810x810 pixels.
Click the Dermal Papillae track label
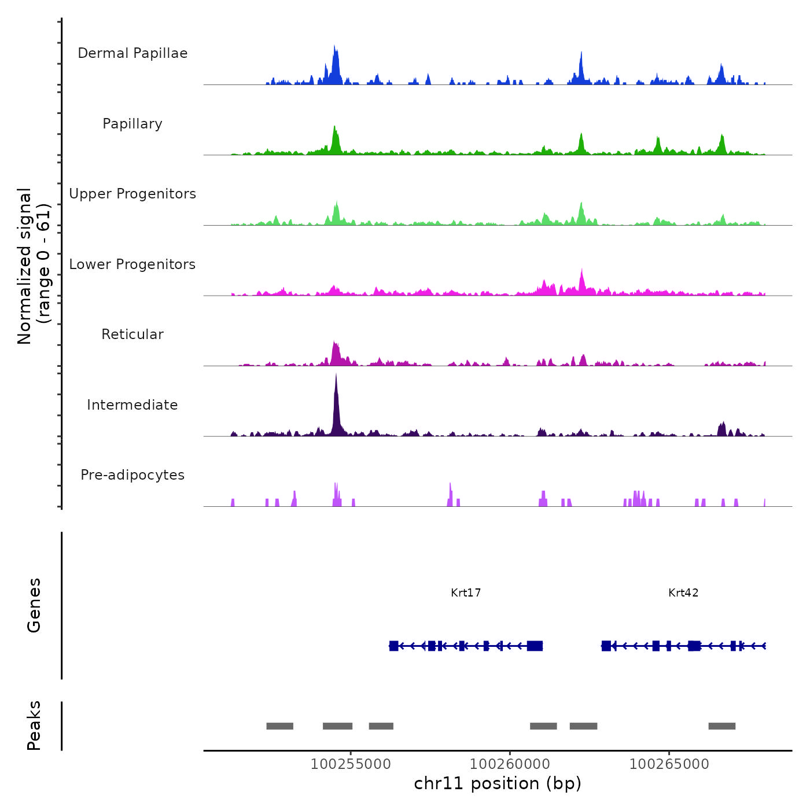(132, 53)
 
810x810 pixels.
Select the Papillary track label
(132, 124)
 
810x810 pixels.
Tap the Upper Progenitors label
(132, 194)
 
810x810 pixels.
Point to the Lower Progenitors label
(132, 264)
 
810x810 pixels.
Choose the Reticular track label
(132, 334)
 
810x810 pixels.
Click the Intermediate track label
(132, 405)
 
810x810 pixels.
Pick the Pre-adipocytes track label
(132, 475)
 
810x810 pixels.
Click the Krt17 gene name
(466, 593)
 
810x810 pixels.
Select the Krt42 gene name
(683, 593)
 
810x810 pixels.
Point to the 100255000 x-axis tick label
(351, 764)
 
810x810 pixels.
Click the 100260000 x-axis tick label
(510, 764)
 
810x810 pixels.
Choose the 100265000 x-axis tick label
(669, 764)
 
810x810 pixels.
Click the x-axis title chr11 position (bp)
(498, 784)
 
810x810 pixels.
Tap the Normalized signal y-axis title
(34, 266)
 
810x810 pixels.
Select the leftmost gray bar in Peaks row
(279, 726)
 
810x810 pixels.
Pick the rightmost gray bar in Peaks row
(721, 726)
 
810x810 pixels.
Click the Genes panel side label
(34, 605)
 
